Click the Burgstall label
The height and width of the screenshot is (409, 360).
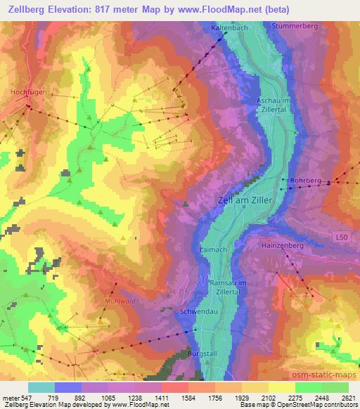tap(202, 356)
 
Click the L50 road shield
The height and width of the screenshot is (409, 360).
tap(341, 238)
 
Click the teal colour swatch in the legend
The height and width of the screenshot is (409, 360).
tap(41, 387)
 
